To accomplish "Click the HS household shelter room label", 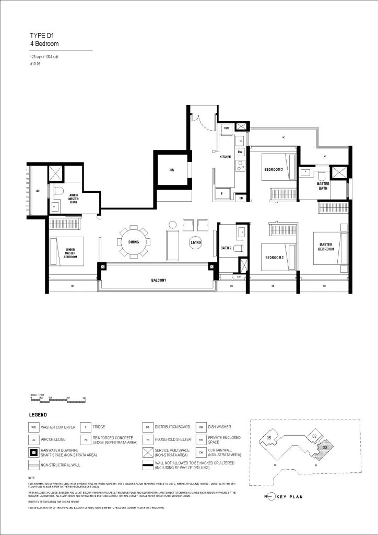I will pyautogui.click(x=171, y=170).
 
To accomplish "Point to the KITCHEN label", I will pyautogui.click(x=225, y=157).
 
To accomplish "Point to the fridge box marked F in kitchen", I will pyautogui.click(x=222, y=193).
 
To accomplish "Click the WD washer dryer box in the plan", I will pyautogui.click(x=227, y=127).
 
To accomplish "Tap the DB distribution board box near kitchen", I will pyautogui.click(x=241, y=197).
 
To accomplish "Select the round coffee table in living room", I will pyautogui.click(x=196, y=242).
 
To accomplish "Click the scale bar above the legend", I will pyautogui.click(x=57, y=400).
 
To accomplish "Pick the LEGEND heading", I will pyautogui.click(x=38, y=415).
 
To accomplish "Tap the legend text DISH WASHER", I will pyautogui.click(x=220, y=427).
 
